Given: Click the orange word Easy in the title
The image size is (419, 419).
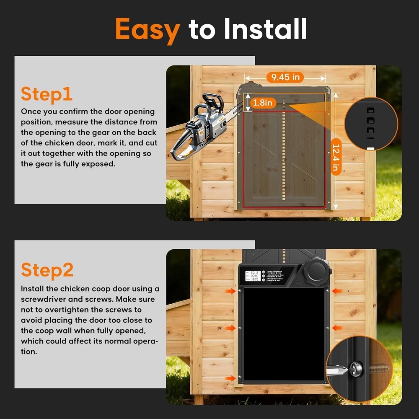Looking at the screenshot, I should [x=147, y=29].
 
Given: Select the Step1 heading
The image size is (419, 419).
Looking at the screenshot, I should [x=47, y=94].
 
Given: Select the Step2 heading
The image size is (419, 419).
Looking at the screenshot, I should [x=47, y=270].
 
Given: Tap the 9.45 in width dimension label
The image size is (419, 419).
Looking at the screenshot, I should [x=285, y=77].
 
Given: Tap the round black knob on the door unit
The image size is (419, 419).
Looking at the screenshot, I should [x=317, y=272].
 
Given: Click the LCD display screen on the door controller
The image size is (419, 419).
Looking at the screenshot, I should [x=253, y=276].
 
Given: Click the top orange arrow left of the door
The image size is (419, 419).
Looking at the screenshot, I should [x=230, y=291].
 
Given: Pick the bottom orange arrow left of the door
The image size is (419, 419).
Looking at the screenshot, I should [x=230, y=378].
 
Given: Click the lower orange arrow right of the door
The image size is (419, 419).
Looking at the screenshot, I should [x=337, y=328].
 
